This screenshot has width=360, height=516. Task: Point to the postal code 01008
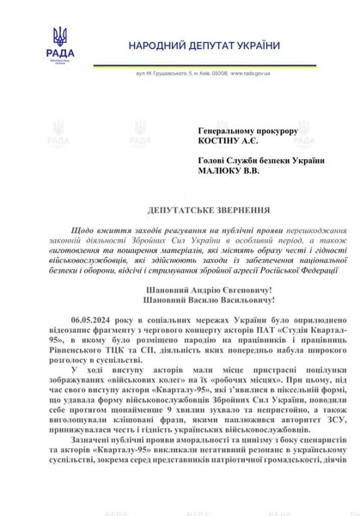[212, 75]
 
